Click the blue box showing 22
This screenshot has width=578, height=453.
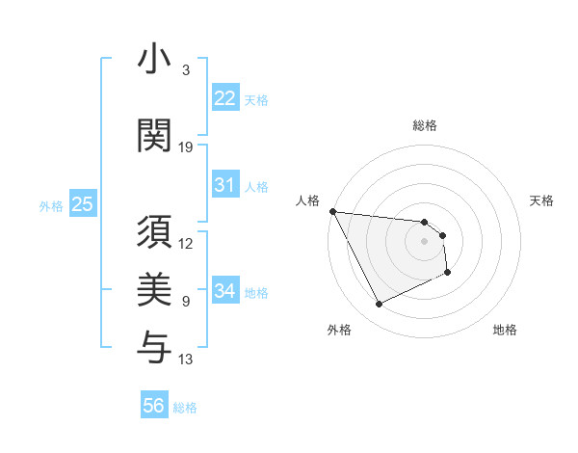[x=225, y=98]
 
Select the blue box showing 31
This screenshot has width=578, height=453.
[x=225, y=185]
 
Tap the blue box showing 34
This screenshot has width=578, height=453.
[x=225, y=291]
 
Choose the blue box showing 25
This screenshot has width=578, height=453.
[x=82, y=204]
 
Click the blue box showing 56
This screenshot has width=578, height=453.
[x=154, y=406]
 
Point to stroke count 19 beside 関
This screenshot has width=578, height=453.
[x=186, y=147]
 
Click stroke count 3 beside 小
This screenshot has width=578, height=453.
[x=186, y=70]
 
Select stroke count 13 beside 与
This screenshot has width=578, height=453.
[x=186, y=360]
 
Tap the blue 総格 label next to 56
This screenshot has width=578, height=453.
[x=185, y=408]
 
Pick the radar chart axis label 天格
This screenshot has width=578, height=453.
[x=542, y=200]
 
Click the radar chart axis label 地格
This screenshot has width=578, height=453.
[x=505, y=330]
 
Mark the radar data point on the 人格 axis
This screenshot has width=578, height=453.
[x=332, y=211]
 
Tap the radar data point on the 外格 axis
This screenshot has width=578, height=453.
[x=379, y=305]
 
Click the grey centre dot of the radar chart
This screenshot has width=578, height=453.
[x=424, y=241]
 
